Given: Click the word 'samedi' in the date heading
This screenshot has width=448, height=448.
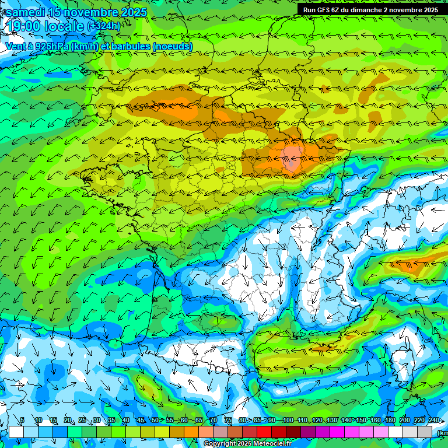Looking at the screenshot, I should [25, 12].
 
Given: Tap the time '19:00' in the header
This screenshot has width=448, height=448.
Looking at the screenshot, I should [24, 26].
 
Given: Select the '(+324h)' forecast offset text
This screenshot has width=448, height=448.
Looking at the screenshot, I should [104, 26].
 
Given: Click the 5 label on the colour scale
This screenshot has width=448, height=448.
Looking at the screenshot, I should [22, 421].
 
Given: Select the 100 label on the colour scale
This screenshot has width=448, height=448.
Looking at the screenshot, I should [287, 421].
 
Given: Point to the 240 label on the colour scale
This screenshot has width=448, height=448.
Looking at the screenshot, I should [433, 421].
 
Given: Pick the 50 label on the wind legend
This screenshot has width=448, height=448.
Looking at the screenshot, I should [155, 421].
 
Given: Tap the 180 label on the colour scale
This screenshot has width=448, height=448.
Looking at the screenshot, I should [389, 421].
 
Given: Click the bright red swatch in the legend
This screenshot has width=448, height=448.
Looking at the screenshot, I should [264, 432].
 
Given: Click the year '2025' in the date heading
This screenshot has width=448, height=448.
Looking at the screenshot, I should [134, 12].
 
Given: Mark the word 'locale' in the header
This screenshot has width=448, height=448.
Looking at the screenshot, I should [65, 26].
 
